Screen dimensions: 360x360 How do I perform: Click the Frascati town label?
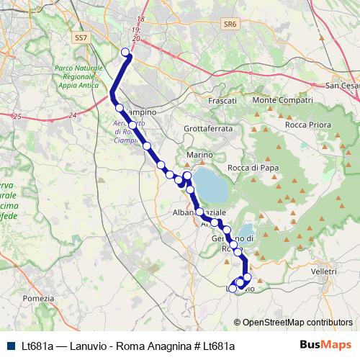coord(222,101)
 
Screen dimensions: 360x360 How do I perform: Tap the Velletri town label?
coord(324,271)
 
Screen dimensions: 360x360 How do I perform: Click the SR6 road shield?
coord(230,24)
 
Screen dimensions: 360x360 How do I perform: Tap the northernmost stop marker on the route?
coord(126,52)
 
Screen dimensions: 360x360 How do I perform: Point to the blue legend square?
coord(9,346)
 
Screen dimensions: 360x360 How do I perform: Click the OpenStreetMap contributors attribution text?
coord(297,323)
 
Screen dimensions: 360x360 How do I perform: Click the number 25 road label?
coord(17,116)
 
